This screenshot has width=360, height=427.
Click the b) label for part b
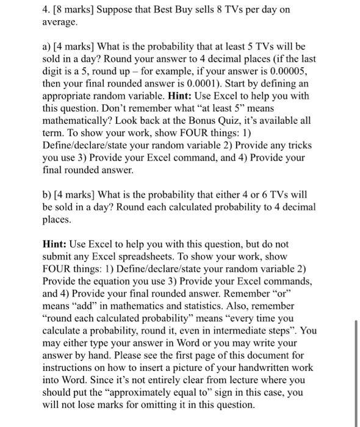click(x=48, y=194)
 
